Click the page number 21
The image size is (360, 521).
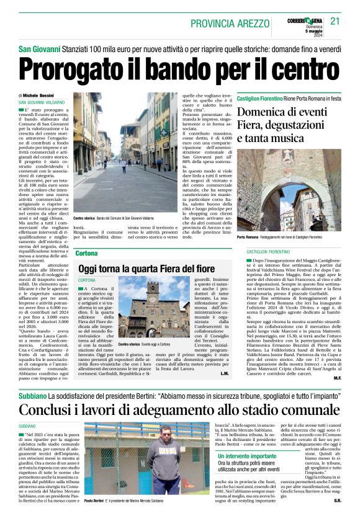pos(335,22)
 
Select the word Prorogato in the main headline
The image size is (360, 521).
pos(74,68)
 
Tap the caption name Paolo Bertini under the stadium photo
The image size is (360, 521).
pos(97,499)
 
